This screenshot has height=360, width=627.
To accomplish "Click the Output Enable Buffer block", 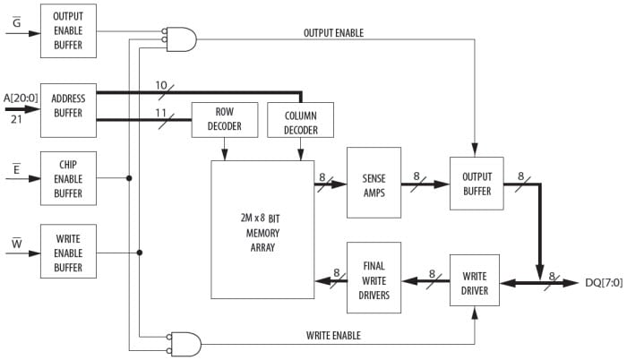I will click(68, 31).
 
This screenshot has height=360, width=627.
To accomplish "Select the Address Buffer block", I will click(68, 106).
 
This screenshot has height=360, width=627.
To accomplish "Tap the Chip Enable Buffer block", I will click(68, 177).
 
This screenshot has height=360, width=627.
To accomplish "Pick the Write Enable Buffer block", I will click(68, 251).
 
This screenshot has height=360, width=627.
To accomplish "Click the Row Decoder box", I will click(224, 120).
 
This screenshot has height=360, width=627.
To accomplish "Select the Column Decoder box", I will click(300, 120).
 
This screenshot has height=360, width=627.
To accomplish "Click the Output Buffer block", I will click(477, 184).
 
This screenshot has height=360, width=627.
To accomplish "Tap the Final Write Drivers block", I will click(374, 278).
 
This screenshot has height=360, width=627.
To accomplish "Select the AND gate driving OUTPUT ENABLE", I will click(182, 39).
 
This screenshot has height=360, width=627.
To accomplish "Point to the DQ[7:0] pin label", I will click(602, 282).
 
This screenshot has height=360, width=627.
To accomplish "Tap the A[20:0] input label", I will click(21, 98).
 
